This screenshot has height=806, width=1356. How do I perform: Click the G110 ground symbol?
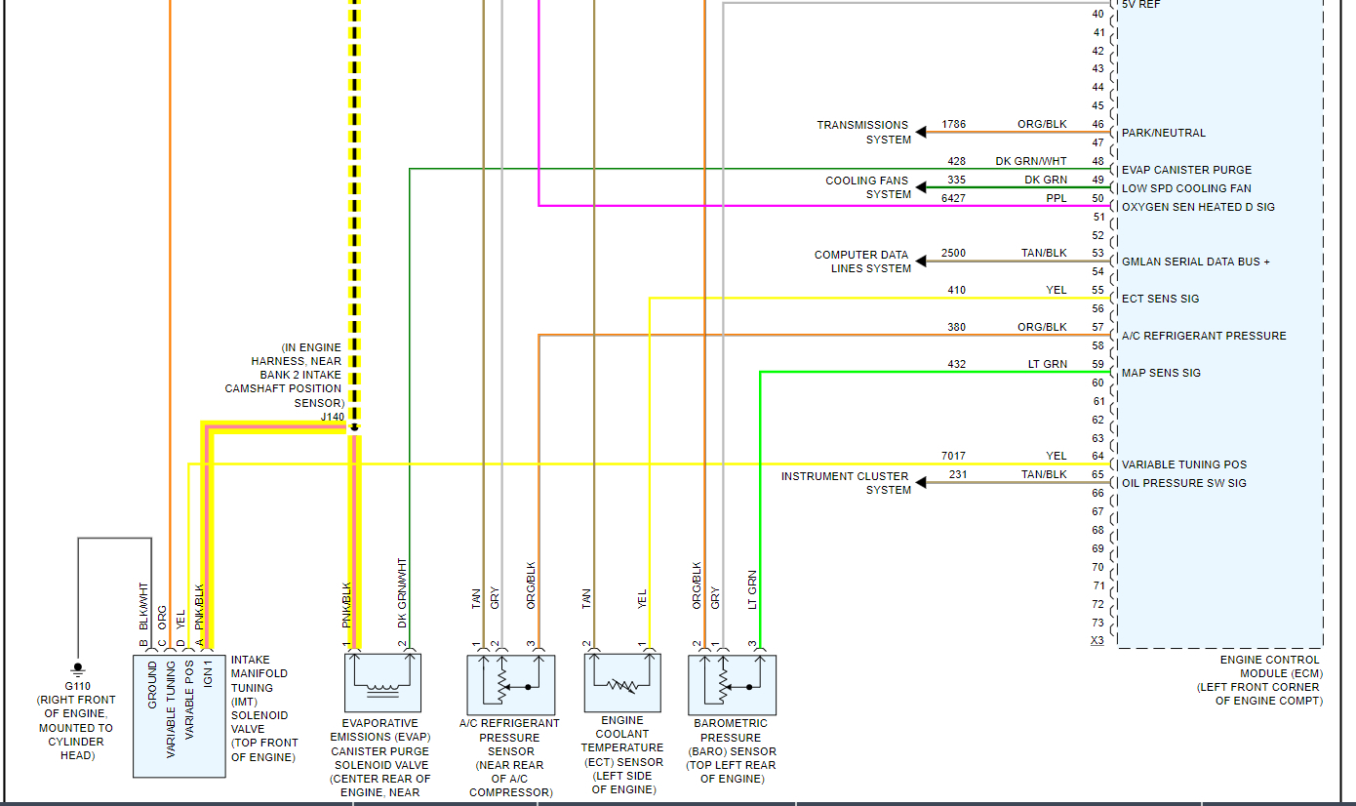point(77,669)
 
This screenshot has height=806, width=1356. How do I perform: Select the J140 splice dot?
point(355,427)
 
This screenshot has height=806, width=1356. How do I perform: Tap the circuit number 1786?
point(953,125)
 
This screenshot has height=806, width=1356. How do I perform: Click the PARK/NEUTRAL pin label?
point(1164,133)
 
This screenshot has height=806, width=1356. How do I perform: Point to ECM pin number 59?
point(1098,364)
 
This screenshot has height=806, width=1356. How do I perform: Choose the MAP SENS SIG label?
point(1161,373)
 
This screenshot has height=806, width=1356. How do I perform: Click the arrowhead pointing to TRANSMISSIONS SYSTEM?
point(920,132)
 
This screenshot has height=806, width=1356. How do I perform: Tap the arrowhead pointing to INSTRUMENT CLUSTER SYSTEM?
point(920,482)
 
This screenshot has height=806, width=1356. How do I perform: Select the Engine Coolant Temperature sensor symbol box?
point(622,683)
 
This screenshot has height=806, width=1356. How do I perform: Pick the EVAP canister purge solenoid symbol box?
point(382,683)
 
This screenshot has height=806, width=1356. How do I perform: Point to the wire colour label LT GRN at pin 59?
point(1048,364)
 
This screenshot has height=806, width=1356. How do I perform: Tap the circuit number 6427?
point(953,198)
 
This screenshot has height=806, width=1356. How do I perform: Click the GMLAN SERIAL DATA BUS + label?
point(1196,262)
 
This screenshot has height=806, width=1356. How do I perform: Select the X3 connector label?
point(1097,641)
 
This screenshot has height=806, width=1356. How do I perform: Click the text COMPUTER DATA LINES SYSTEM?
point(862,262)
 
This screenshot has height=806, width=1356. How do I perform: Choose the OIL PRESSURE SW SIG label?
point(1183,483)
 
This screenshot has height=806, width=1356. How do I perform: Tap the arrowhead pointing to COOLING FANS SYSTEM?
point(920,187)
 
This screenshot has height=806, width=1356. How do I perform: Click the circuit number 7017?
point(953,456)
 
